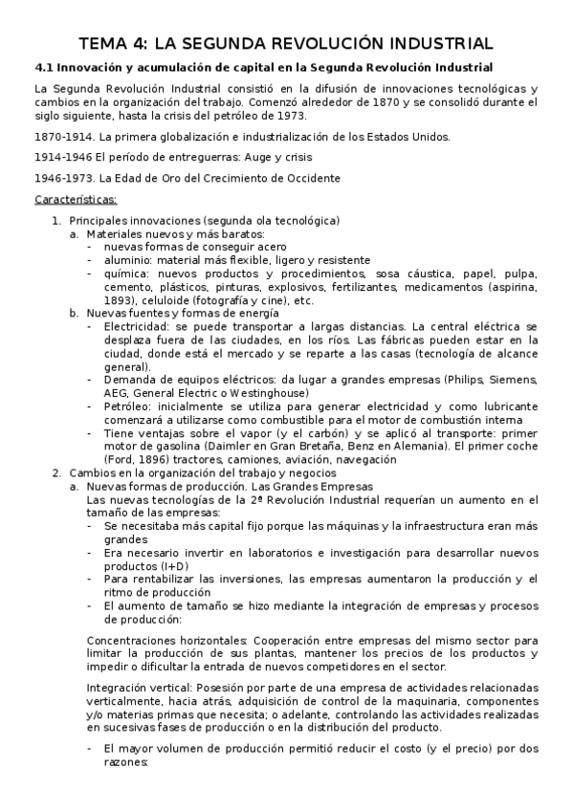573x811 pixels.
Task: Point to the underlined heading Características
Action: [x=76, y=199]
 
